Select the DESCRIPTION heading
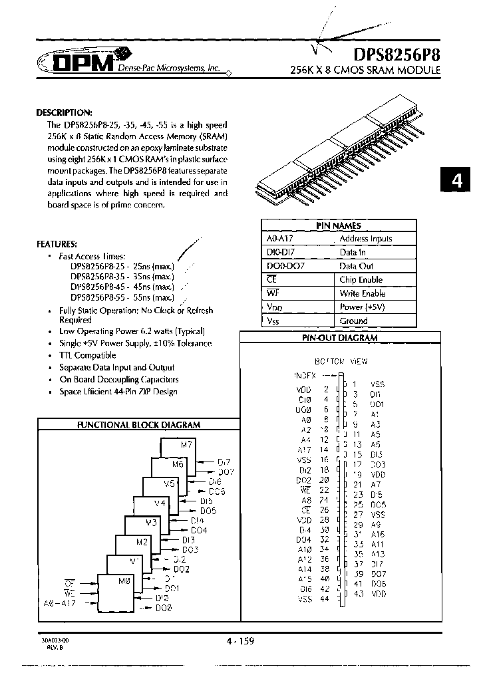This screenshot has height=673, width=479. coord(64,112)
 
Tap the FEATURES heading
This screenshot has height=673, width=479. coord(57,244)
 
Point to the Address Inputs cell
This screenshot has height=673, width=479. coord(365,239)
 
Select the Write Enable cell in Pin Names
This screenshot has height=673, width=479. coord(362,293)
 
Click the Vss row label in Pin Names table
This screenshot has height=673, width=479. coord(272,321)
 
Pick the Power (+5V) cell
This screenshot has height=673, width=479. coord(362,307)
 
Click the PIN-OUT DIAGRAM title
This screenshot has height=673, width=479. coord(340,338)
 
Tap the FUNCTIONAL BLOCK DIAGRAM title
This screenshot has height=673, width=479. coord(138,424)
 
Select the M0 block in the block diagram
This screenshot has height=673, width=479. coord(124,581)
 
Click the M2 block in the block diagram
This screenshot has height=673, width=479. coord(141,542)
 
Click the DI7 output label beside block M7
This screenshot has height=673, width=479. coord(224,461)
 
